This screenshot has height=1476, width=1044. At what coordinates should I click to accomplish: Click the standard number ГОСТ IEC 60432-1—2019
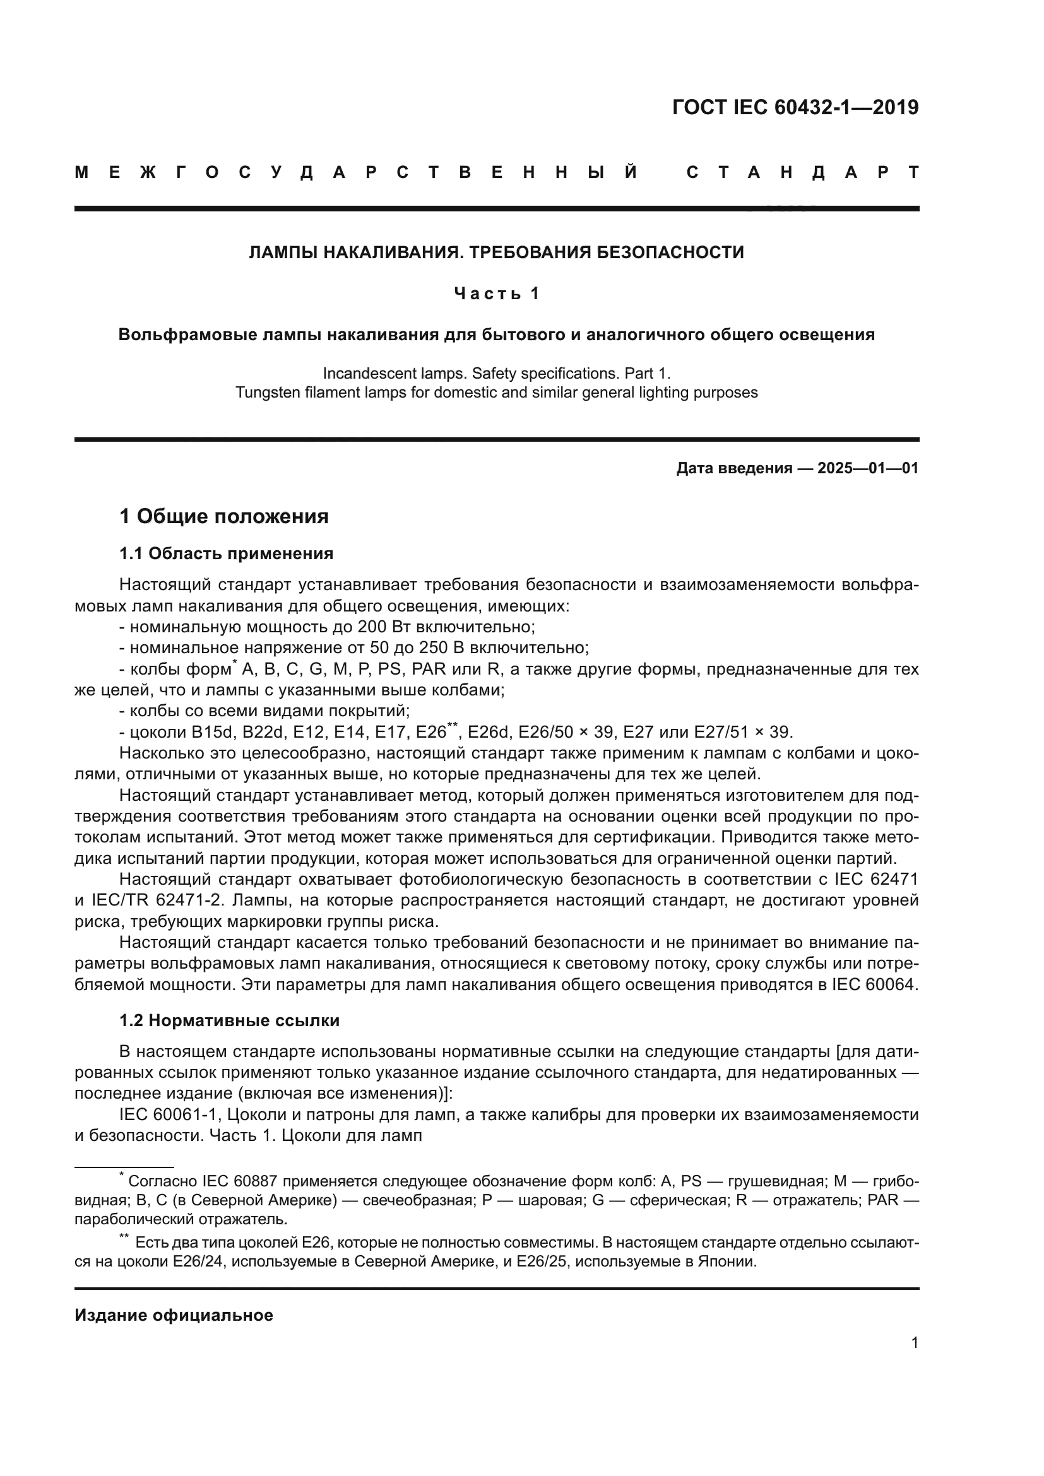(795, 107)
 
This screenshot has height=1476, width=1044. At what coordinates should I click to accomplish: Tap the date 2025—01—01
(868, 468)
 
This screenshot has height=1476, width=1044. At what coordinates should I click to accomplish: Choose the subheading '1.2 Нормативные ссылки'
(230, 1020)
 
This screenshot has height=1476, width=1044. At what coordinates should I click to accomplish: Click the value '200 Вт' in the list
(385, 626)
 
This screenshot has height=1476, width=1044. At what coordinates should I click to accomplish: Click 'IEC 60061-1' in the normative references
(170, 1114)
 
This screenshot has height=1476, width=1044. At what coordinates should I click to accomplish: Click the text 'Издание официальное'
(174, 1314)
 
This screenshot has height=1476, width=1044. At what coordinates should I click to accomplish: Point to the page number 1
(914, 1342)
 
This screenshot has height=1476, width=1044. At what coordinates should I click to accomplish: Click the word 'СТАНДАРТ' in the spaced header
(803, 172)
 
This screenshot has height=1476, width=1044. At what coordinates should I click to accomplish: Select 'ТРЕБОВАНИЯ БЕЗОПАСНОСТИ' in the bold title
(606, 252)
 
